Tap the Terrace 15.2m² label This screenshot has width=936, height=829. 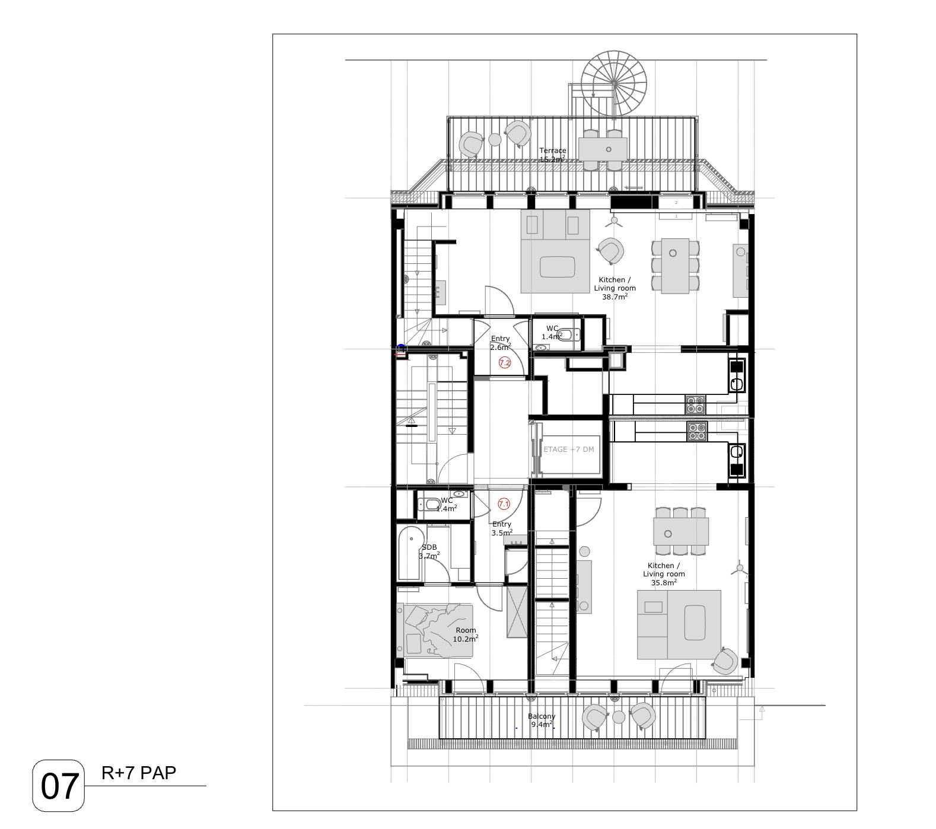[552, 155]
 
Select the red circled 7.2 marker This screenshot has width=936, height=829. [504, 363]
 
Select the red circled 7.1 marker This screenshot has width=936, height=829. [504, 504]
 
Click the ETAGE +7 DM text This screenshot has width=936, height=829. [568, 449]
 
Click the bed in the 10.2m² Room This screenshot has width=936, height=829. [438, 630]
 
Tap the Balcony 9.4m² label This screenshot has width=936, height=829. [542, 720]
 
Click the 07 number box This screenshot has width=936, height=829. [59, 786]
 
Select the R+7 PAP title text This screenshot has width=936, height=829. [139, 773]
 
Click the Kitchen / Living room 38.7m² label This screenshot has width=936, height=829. [615, 288]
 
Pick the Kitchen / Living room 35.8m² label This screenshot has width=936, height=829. [664, 574]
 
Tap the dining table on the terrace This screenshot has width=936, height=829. [603, 149]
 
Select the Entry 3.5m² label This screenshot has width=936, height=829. [502, 528]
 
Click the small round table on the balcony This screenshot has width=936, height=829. [619, 717]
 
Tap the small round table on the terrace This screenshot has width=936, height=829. [495, 140]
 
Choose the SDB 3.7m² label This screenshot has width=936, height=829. [429, 551]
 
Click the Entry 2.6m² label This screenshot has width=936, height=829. [501, 343]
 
